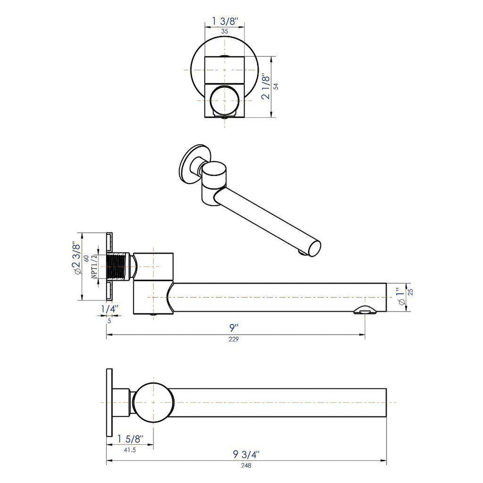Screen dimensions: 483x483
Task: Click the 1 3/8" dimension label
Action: (224, 21)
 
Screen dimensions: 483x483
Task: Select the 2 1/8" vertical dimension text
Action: (266, 87)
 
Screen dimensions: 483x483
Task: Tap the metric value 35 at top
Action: (224, 31)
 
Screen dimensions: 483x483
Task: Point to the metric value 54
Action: (276, 87)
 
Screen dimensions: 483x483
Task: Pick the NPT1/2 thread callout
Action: (94, 266)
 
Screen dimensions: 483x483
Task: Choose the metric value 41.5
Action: (130, 450)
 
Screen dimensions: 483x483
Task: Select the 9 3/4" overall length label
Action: (246, 455)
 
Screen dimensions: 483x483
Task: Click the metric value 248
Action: (247, 465)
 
